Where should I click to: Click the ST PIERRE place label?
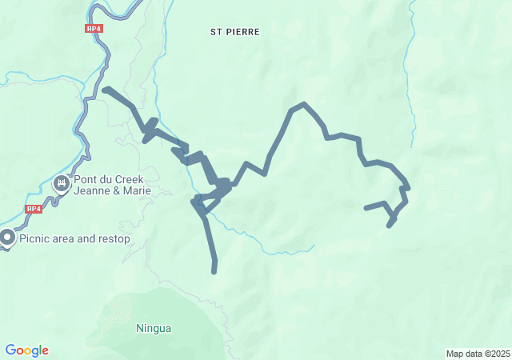[235, 32]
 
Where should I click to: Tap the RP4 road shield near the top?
[94, 28]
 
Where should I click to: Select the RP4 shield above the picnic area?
[33, 209]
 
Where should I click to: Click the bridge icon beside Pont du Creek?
[61, 185]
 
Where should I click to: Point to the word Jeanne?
[92, 191]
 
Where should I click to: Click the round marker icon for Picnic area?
[8, 238]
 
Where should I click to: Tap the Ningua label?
[154, 328]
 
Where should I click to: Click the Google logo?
[27, 350]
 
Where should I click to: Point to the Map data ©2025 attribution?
[478, 354]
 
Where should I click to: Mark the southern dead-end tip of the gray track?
[214, 271]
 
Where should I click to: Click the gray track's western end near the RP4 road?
[105, 89]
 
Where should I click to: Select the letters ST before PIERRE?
[215, 32]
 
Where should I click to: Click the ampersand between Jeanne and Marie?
[114, 191]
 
